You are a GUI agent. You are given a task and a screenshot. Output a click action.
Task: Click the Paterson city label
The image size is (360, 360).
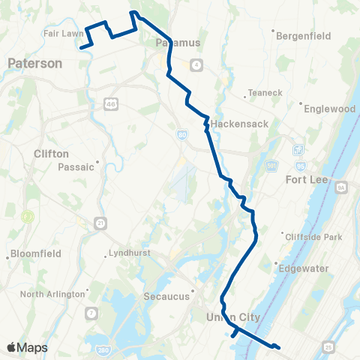pyautogui.click(x=34, y=64)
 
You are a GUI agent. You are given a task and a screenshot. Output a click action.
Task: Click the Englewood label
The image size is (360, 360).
pyautogui.click(x=329, y=109)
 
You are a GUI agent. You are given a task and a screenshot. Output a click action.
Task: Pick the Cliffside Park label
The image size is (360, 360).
pyautogui.click(x=313, y=237)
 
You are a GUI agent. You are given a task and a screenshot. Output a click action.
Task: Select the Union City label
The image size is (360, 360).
pyautogui.click(x=232, y=318)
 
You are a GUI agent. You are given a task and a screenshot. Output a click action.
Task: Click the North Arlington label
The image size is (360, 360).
pyautogui.click(x=52, y=294)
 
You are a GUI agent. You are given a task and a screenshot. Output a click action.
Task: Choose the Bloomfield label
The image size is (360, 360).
pyautogui.click(x=34, y=254)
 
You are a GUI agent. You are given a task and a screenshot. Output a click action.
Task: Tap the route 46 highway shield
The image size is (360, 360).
pyautogui.click(x=110, y=103)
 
